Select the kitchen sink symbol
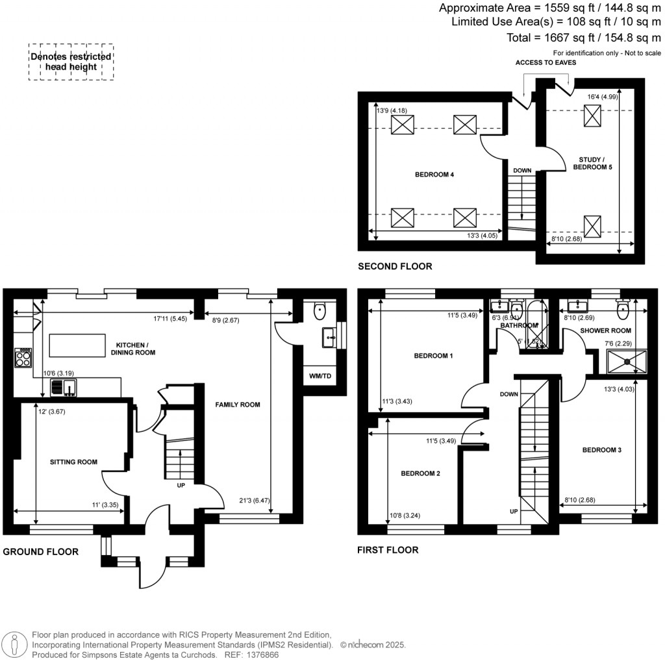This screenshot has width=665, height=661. pos(64,388)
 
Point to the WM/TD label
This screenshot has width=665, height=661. pos(318,376)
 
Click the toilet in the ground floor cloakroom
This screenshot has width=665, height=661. pos(320,312)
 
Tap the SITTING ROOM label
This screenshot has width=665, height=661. pos(74,462)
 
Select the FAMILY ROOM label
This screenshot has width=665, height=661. pos(238,405)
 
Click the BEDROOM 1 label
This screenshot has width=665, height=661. pos(433,356)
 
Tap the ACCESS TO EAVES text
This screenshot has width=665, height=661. pos(546,63)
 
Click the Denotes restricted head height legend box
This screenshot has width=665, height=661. pos(71,62)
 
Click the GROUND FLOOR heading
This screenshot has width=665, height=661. pos(41,552)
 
